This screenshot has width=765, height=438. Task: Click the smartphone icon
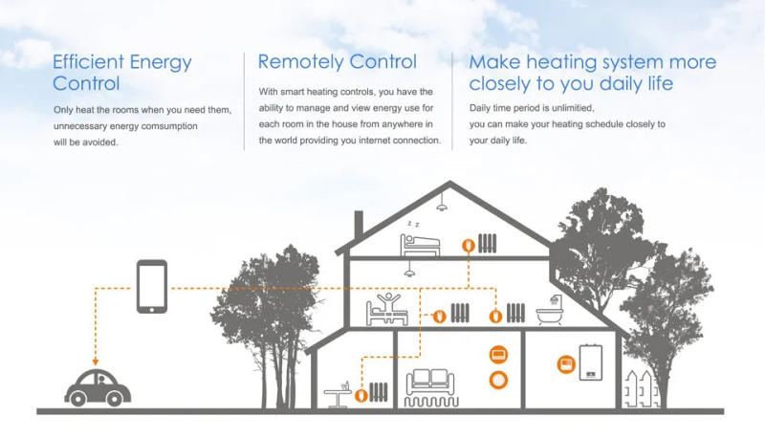click(x=152, y=286)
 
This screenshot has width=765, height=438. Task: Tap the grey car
click(x=95, y=386)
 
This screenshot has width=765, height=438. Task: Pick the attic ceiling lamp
click(x=443, y=206)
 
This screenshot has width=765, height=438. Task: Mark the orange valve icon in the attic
click(x=467, y=246)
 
